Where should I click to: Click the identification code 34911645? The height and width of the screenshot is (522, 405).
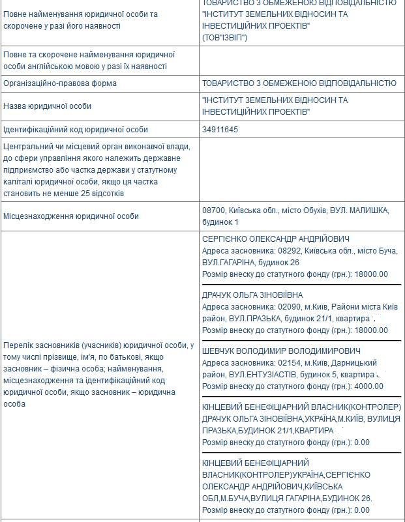pos(220,130)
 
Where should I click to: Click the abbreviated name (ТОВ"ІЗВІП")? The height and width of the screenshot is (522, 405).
pos(224,38)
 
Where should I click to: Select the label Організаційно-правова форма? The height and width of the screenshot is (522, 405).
pos(60,83)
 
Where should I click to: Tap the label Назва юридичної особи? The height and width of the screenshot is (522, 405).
pos(47,106)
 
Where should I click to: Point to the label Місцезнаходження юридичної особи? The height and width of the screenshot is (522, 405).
pos(71,216)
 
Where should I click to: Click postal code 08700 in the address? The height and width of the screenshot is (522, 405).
pos(213,210)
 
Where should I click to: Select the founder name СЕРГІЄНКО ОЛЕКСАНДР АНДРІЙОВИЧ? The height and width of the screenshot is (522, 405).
pos(276,239)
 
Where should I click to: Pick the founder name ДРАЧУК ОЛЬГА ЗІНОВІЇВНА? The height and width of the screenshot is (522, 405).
pos(253,295)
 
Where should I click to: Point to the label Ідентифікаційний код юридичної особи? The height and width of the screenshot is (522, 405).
pos(76,130)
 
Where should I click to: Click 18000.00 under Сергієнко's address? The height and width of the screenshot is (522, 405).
pos(370,274)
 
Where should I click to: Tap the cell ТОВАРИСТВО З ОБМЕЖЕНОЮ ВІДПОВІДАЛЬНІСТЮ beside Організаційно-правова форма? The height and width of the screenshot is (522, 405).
pos(299,83)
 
